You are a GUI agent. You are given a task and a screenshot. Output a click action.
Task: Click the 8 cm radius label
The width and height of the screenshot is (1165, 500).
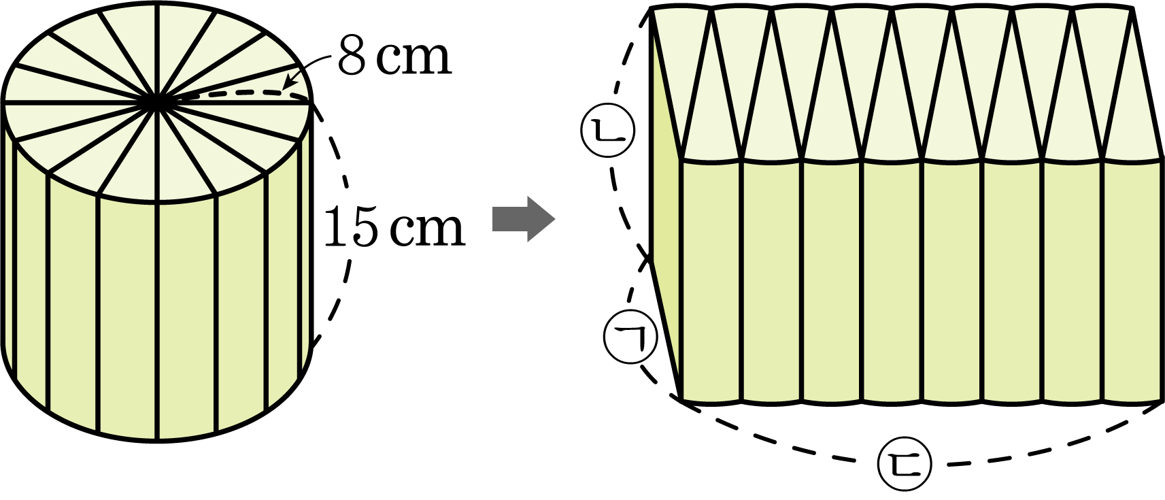(x=394, y=56)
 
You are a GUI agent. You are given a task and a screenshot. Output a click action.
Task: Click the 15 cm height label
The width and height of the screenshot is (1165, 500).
(x=394, y=227)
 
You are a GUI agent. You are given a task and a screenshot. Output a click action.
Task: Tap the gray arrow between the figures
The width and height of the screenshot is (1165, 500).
(x=524, y=218)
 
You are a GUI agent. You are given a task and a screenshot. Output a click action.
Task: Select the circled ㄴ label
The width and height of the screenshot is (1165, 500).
(x=607, y=131)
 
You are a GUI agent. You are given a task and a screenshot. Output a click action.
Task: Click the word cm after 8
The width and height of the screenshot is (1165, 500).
(x=414, y=61)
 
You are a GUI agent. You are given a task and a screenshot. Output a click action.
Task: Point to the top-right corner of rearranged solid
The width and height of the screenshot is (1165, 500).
(x=1133, y=8)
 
